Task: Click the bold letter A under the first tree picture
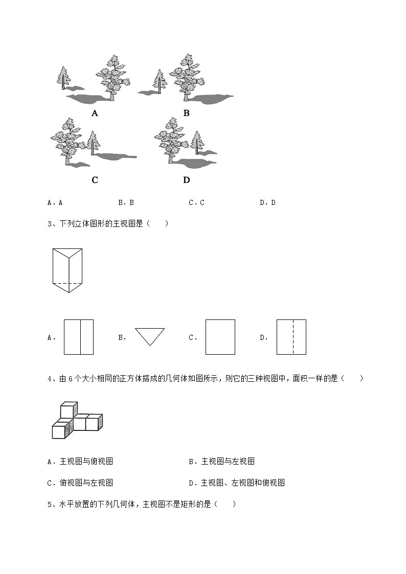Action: pyautogui.click(x=95, y=113)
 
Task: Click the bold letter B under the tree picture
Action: pyautogui.click(x=186, y=113)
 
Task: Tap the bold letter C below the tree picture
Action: pyautogui.click(x=95, y=180)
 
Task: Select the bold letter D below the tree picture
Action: pyautogui.click(x=186, y=180)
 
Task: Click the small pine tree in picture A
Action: pyautogui.click(x=63, y=78)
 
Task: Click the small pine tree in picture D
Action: pyautogui.click(x=196, y=142)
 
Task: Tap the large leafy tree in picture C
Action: pyautogui.click(x=66, y=139)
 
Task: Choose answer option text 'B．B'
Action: pyautogui.click(x=126, y=202)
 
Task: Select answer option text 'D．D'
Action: pyautogui.click(x=267, y=202)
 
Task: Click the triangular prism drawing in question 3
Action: pyautogui.click(x=67, y=270)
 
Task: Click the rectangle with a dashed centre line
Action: pyautogui.click(x=291, y=337)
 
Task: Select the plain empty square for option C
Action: pyautogui.click(x=220, y=337)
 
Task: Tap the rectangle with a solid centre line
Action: pyautogui.click(x=79, y=337)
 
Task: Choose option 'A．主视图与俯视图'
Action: pyautogui.click(x=80, y=462)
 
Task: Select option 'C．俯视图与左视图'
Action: pyautogui.click(x=80, y=483)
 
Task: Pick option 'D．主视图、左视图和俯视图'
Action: pyautogui.click(x=236, y=483)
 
